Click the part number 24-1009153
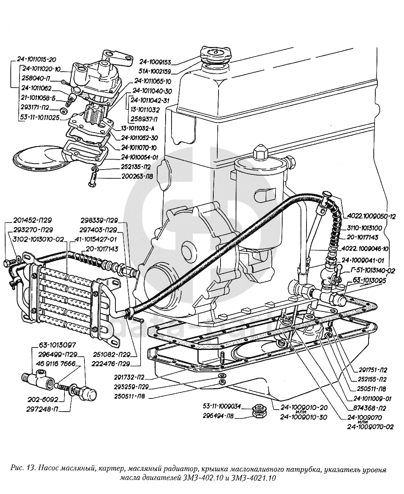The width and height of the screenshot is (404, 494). click(155, 62)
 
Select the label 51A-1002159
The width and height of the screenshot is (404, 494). click(155, 72)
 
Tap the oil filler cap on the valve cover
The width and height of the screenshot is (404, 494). click(215, 54)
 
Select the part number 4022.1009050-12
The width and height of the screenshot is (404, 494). click(371, 217)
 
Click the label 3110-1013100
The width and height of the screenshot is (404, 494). click(365, 228)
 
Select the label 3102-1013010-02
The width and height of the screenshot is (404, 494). click(38, 239)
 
